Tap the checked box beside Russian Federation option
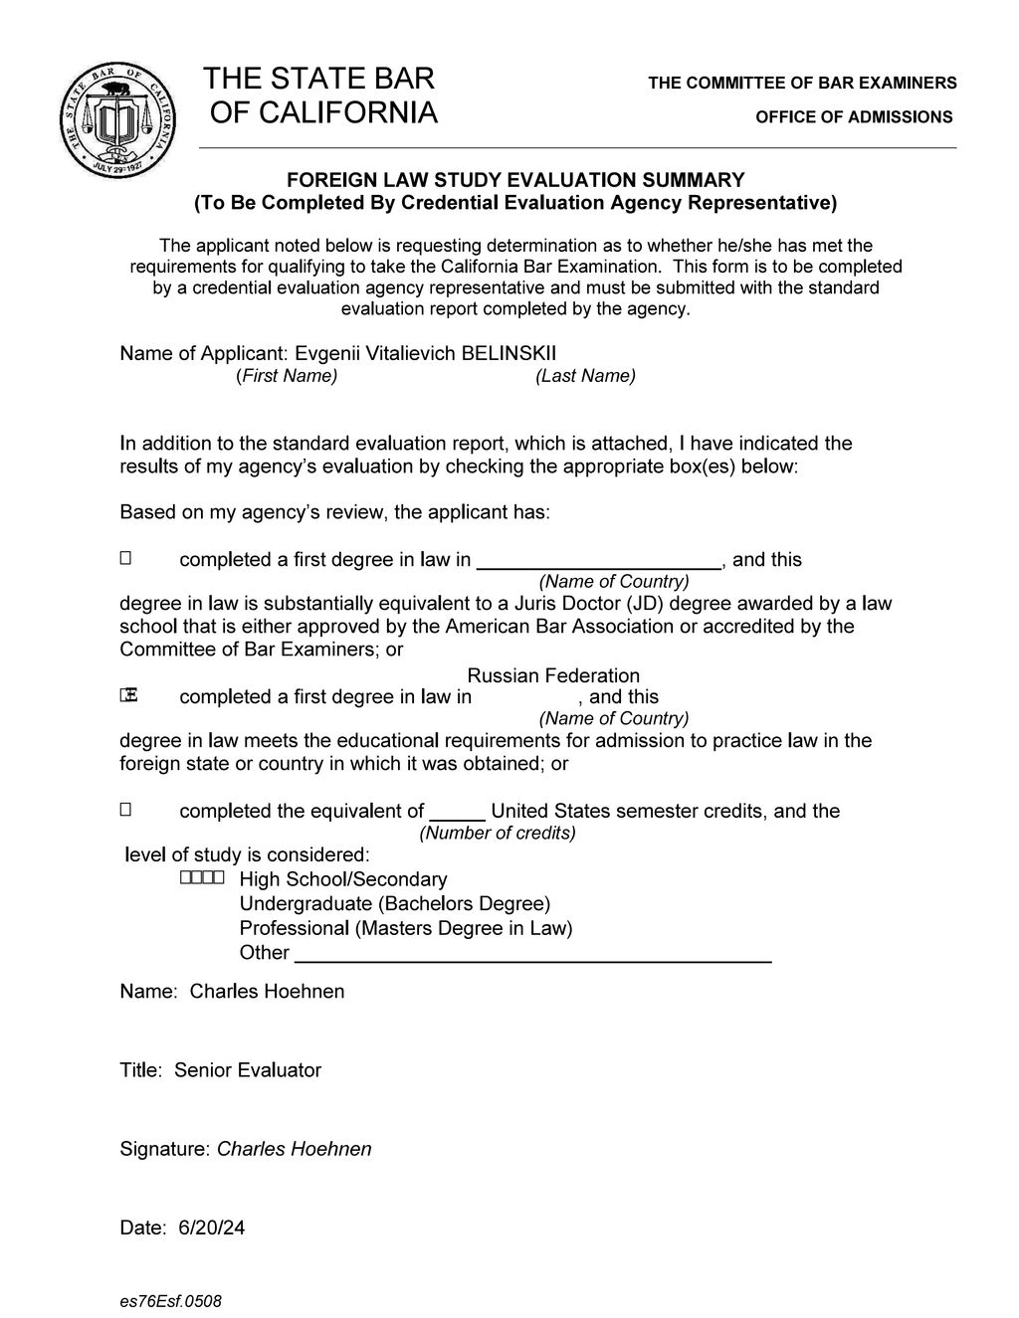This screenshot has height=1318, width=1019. point(126,696)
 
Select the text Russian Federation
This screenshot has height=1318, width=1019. point(553,676)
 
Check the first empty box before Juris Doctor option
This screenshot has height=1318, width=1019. point(125,559)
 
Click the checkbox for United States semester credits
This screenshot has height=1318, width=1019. point(125,811)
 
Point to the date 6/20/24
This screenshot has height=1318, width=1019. point(211,1227)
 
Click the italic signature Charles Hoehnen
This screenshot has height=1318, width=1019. point(295,1149)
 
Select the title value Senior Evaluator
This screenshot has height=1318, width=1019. point(248,1070)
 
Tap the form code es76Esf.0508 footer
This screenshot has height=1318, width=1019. point(170,1301)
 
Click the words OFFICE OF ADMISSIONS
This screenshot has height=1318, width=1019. point(854,117)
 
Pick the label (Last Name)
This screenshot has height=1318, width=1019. point(585,376)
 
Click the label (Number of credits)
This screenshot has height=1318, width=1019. point(498,833)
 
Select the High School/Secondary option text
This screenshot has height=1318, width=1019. point(343,879)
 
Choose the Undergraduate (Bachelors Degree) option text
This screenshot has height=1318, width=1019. point(395,903)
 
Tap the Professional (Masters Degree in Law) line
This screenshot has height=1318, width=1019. point(406,928)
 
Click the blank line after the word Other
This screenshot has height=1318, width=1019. point(534,955)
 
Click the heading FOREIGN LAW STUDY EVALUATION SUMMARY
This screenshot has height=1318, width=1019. point(515,180)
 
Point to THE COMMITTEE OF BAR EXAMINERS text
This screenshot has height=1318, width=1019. point(802,83)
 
